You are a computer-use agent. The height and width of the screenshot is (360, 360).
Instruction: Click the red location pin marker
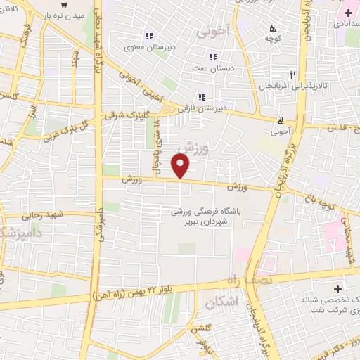click(x=181, y=166)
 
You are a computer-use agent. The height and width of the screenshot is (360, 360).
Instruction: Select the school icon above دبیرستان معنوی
click(x=148, y=37)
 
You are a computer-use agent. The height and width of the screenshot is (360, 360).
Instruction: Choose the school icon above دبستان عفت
click(x=212, y=58)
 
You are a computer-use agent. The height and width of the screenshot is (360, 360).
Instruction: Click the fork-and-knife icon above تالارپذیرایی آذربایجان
click(x=292, y=73)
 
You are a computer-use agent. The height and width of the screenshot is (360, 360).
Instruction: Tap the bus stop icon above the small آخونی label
click(x=281, y=119)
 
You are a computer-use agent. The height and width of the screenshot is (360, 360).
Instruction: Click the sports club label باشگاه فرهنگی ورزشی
click(x=207, y=211)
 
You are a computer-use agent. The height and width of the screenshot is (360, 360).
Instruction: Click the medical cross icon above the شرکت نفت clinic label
click(x=338, y=289)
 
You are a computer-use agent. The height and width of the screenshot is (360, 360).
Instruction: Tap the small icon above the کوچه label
click(x=273, y=29)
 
